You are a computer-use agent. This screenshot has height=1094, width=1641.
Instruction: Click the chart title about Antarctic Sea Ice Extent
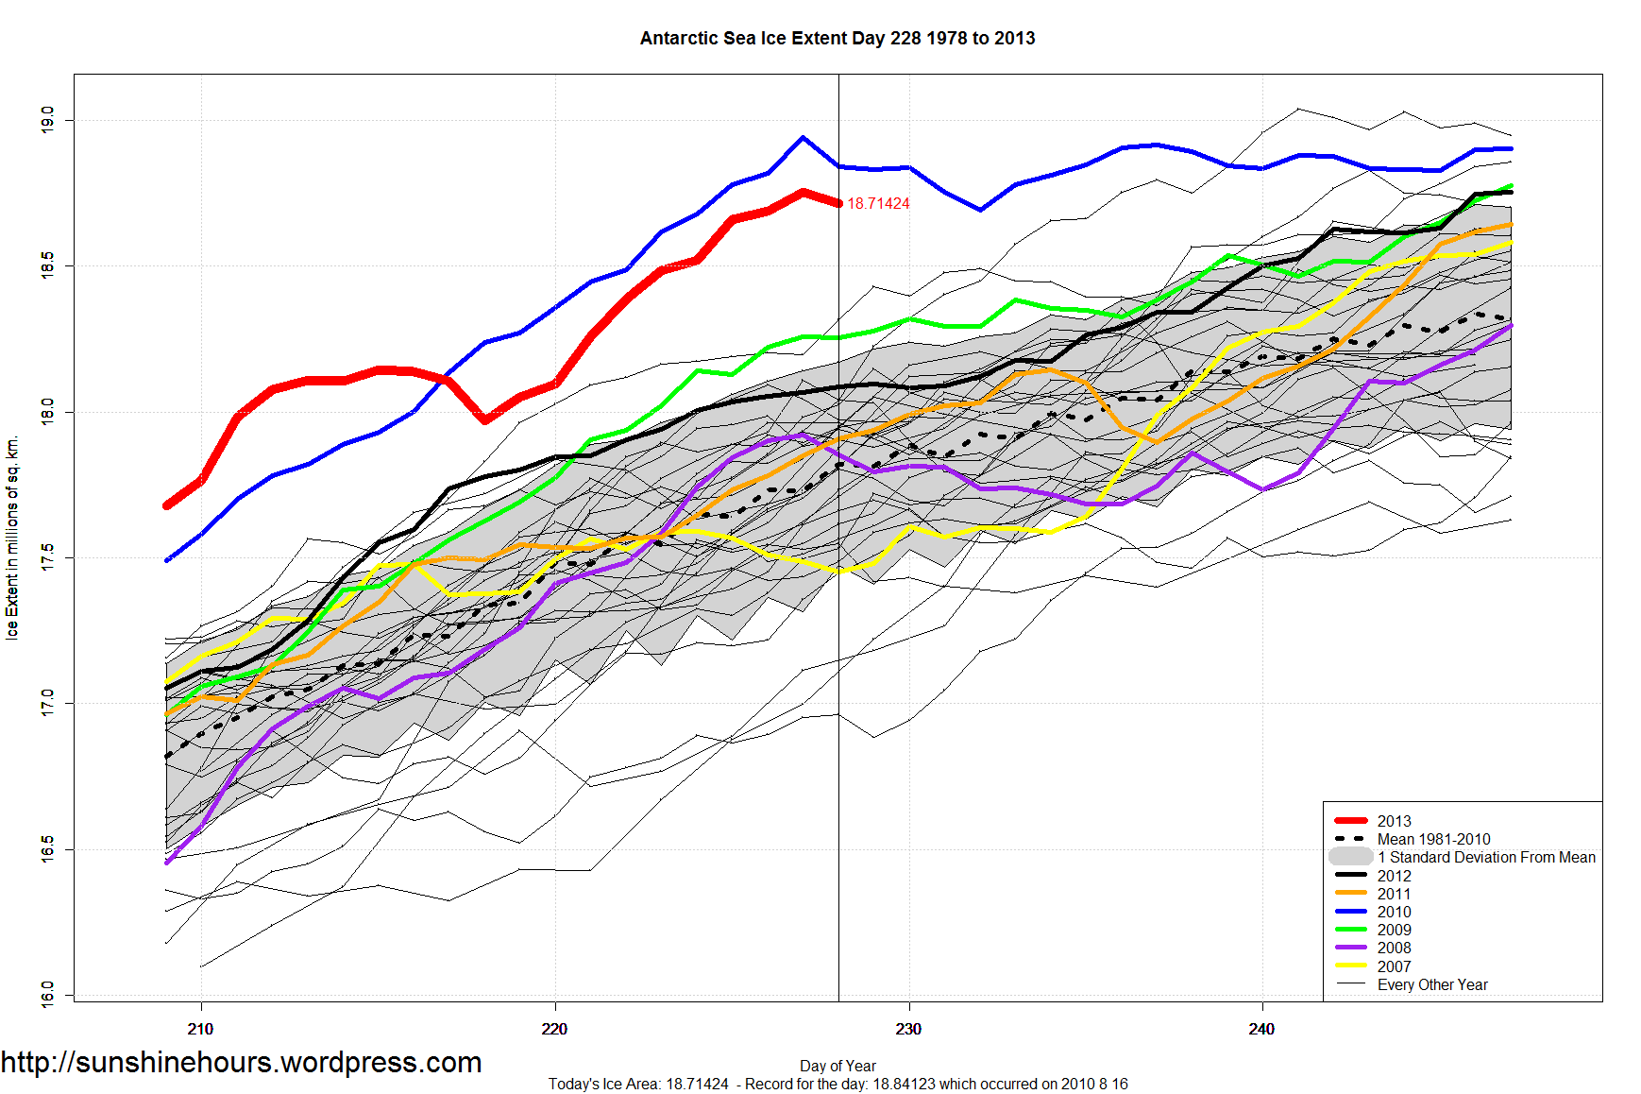click(x=837, y=39)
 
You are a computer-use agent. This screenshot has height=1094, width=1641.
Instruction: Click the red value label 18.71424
click(x=878, y=204)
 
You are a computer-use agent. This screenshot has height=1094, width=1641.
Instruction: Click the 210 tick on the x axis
click(x=200, y=1029)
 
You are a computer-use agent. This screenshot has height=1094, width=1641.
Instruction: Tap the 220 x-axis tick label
click(x=554, y=1029)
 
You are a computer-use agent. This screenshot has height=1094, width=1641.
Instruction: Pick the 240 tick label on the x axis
click(x=1261, y=1029)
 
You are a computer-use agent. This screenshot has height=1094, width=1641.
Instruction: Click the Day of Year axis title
click(x=837, y=1066)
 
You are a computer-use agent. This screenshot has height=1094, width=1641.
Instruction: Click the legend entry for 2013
click(x=1394, y=821)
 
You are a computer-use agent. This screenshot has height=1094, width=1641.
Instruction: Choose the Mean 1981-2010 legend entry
click(x=1433, y=839)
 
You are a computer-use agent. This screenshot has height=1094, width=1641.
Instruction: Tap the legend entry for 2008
click(x=1394, y=948)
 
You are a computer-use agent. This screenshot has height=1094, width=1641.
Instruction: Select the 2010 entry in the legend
click(x=1394, y=912)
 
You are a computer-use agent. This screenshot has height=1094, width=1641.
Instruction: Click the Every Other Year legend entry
click(x=1431, y=984)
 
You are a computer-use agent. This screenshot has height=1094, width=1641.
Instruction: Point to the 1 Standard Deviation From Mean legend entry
click(x=1485, y=857)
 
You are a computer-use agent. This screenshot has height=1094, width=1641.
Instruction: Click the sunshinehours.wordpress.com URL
click(x=242, y=1062)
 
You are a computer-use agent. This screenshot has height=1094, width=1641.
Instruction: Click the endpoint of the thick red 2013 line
click(x=838, y=203)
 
